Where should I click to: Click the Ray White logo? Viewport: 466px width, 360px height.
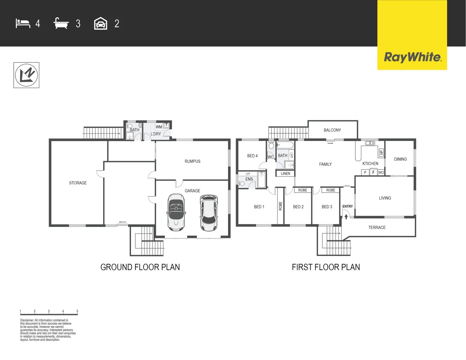(412, 57)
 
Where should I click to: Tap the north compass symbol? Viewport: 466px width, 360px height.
(26, 75)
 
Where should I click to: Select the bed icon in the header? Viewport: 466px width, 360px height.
(23, 24)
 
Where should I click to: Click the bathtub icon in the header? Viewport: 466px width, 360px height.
(61, 24)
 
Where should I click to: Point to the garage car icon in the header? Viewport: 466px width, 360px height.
(101, 24)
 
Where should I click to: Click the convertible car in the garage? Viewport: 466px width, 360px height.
(176, 212)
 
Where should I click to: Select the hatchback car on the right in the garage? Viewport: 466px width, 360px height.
(209, 213)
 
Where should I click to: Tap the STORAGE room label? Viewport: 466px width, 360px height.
(78, 183)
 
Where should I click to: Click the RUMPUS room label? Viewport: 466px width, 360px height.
(192, 161)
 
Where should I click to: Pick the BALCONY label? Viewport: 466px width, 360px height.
(332, 130)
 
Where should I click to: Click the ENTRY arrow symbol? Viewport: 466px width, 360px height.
(346, 217)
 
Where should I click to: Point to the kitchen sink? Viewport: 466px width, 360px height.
(370, 143)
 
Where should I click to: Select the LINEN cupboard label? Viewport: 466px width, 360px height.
(285, 174)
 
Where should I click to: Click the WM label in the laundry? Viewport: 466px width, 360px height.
(159, 127)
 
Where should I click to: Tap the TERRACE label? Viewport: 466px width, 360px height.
(377, 228)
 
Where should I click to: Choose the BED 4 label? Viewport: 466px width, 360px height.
(252, 156)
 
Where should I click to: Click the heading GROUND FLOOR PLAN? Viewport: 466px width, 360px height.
(140, 267)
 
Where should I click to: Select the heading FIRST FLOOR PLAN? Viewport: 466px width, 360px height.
(326, 267)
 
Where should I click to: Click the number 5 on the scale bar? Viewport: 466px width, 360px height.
(77, 311)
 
